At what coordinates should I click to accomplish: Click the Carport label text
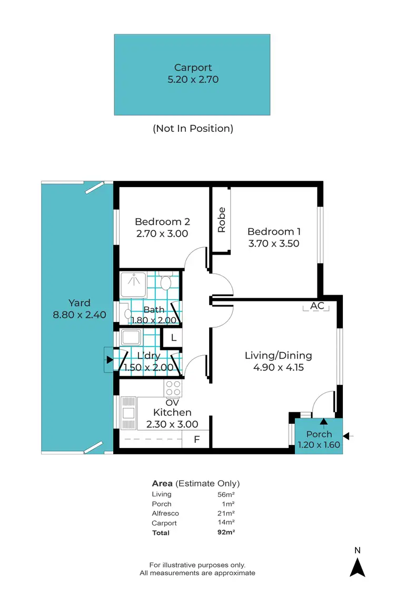click(193, 67)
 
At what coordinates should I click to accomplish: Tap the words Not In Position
click(193, 128)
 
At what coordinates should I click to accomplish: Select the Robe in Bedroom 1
click(221, 220)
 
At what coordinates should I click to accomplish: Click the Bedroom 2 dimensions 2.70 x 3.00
click(162, 234)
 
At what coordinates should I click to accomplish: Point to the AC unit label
click(317, 306)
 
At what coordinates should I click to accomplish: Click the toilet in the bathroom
click(166, 281)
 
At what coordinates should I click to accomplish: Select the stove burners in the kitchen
click(173, 388)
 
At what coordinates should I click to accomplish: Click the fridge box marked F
click(196, 439)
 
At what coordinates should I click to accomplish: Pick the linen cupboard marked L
click(174, 337)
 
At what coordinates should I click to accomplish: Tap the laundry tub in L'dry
click(130, 337)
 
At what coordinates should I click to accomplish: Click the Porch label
click(319, 434)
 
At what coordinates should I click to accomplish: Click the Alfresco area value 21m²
click(226, 513)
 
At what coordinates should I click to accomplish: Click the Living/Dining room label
click(278, 355)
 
